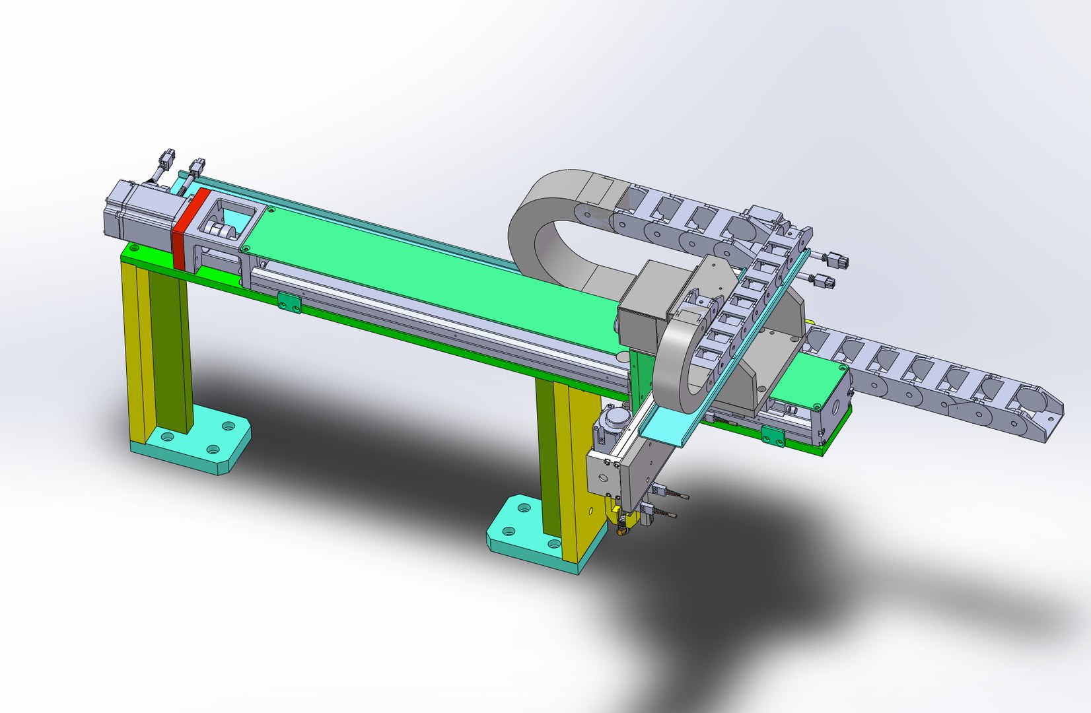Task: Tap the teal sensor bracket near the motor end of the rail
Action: click(289, 303)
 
